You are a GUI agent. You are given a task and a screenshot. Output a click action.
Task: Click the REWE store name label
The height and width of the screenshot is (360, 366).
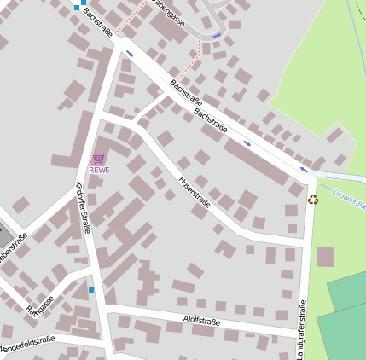coord(99,170)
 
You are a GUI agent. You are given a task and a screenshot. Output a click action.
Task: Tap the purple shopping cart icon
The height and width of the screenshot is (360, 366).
coord(99,159)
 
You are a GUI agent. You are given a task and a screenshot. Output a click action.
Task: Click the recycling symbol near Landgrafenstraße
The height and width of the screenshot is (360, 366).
coord(313,199)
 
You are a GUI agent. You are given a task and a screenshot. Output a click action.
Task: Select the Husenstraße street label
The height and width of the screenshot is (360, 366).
coord(195,192)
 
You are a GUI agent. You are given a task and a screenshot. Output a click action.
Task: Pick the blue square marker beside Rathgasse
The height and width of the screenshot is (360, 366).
coord(91,290)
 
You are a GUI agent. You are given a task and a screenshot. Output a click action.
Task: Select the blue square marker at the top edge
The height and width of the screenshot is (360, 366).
coord(76,7)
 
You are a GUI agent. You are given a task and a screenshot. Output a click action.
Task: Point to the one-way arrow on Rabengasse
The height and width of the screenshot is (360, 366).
coord(217,35)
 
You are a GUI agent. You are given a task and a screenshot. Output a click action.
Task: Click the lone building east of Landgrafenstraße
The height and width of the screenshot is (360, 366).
coord(325,257)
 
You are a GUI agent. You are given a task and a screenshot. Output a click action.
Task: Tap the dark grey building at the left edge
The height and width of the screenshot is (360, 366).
coord(3,233)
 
